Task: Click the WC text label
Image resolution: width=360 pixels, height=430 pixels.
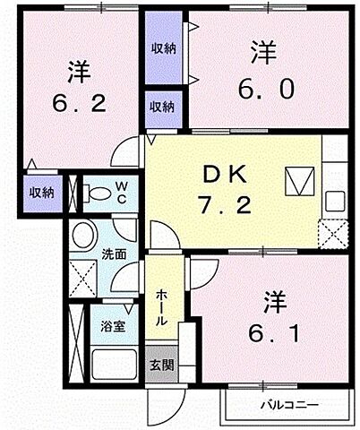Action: point(121,191)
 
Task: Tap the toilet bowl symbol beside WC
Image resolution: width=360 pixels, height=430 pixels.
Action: point(95,193)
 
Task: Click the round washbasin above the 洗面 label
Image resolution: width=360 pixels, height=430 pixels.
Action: point(86,238)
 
